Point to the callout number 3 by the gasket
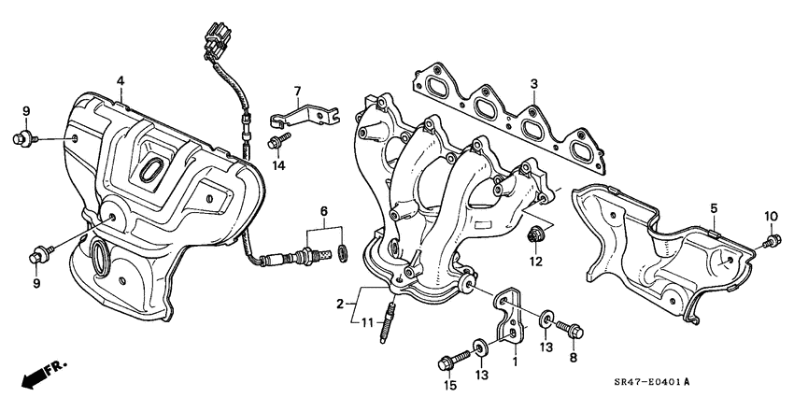pos(533,84)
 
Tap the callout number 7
pos(297,92)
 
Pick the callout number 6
pos(324,212)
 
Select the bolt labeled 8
pos(571,329)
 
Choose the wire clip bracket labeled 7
pos(301,117)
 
